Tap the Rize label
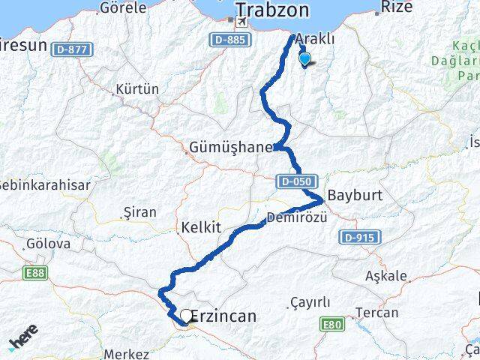tap(397, 9)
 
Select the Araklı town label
tap(315, 38)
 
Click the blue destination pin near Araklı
tap(304, 59)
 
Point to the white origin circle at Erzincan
tap(185, 316)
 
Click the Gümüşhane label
tap(232, 148)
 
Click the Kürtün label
tap(137, 88)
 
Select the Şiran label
tap(139, 212)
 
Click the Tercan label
tap(377, 311)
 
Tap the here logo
tap(24, 341)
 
